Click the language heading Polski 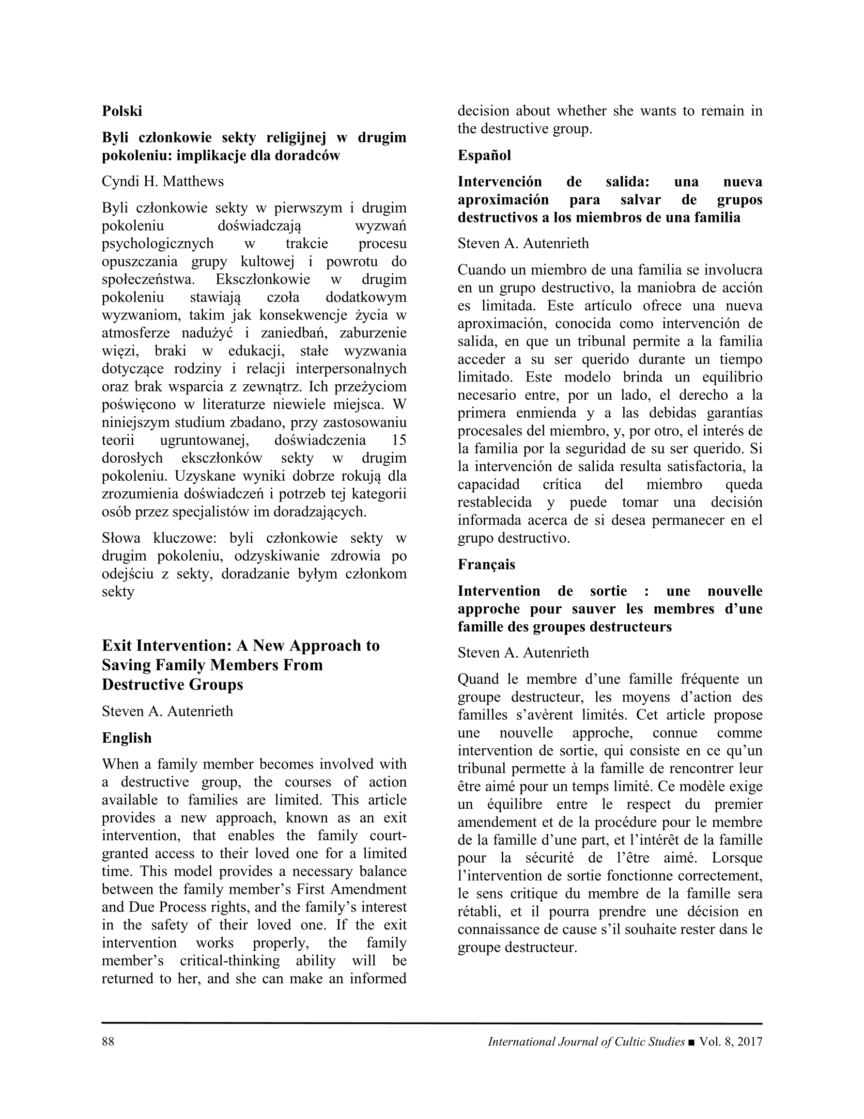(x=122, y=111)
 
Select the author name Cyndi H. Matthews (x=162, y=181)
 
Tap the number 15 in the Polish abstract (x=399, y=440)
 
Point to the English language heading (x=126, y=737)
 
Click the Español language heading (x=484, y=155)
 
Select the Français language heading (x=486, y=565)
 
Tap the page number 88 (x=108, y=1041)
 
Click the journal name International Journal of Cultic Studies (x=586, y=1041)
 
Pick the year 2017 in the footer (x=748, y=1041)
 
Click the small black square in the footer (x=692, y=1042)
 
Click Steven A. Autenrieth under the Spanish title (x=523, y=243)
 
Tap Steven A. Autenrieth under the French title (x=523, y=653)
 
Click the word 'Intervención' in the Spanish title (x=499, y=182)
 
